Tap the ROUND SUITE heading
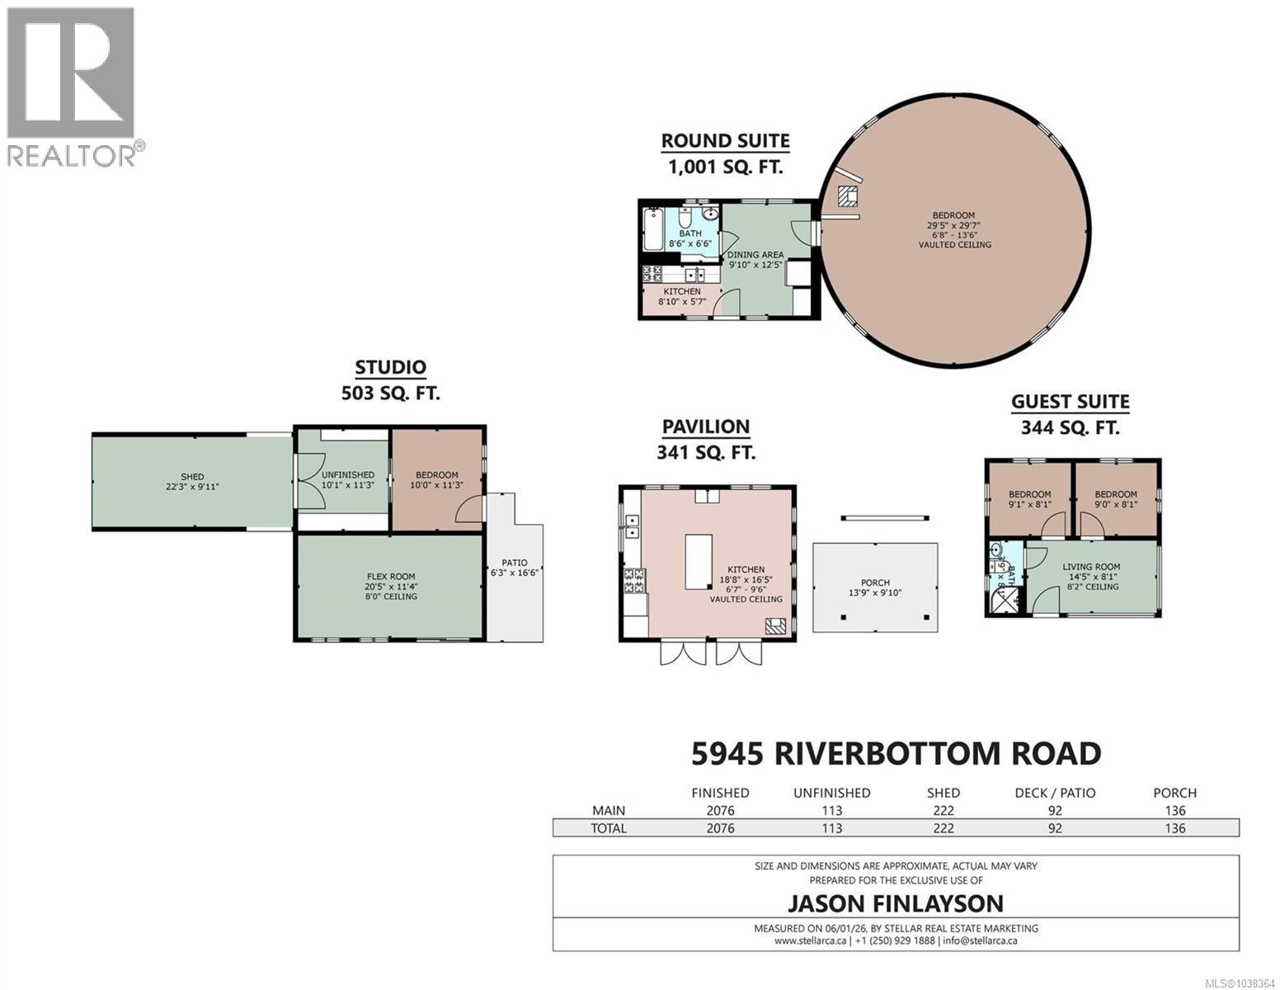click(725, 141)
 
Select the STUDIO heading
click(391, 367)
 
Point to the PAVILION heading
click(706, 427)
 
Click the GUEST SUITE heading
click(1070, 403)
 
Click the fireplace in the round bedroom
click(849, 196)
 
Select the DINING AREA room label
click(755, 255)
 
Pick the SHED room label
click(193, 477)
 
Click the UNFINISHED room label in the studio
click(347, 475)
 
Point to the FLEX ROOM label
click(391, 577)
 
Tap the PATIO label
click(515, 563)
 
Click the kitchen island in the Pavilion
click(699, 562)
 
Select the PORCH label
click(875, 582)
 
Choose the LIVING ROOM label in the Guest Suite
click(1091, 567)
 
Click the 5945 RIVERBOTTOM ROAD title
click(896, 754)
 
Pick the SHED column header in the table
click(943, 794)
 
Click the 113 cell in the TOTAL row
click(831, 828)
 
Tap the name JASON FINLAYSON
click(896, 903)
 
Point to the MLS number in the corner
click(1240, 983)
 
